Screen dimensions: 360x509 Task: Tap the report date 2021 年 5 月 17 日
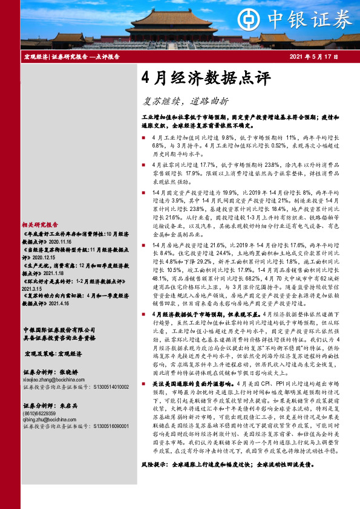pyautogui.click(x=313, y=57)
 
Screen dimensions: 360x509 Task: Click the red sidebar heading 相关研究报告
pyautogui.click(x=40, y=224)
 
